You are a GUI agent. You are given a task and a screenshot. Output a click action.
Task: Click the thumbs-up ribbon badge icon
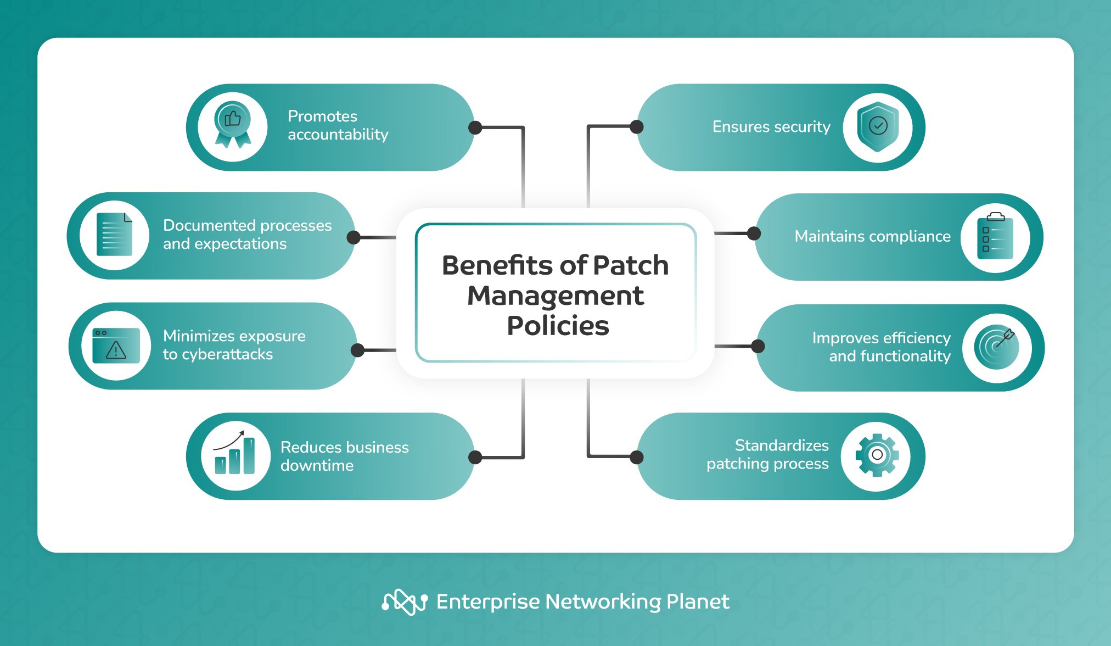[233, 126]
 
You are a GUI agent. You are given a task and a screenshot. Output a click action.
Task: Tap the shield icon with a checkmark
[878, 126]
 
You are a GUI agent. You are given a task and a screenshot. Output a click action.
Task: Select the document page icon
[114, 235]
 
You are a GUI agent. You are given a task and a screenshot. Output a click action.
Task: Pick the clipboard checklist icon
[995, 237]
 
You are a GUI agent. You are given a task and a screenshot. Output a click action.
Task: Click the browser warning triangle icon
[116, 346]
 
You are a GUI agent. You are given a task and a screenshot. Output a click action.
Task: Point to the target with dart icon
[997, 347]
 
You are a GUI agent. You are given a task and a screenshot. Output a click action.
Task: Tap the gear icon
[877, 455]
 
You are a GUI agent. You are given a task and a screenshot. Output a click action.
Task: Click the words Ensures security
[771, 127]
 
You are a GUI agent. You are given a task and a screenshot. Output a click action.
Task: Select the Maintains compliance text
[872, 236]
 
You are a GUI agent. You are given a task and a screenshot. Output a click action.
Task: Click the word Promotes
[322, 116]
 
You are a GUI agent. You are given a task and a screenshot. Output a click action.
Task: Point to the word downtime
[317, 466]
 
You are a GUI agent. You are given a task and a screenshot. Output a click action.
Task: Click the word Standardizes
[781, 445]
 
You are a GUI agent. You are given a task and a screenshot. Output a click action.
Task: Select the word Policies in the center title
[558, 326]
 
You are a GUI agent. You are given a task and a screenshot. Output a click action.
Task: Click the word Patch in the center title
[630, 265]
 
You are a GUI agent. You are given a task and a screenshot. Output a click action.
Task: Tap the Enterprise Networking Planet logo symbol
[405, 602]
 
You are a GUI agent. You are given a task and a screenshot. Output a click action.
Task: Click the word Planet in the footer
[698, 602]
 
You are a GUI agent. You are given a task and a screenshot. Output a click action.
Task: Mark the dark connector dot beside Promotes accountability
[475, 127]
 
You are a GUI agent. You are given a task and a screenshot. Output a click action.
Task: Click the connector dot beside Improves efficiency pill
[758, 346]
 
